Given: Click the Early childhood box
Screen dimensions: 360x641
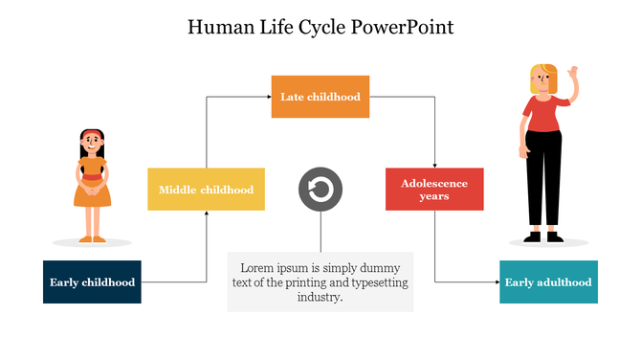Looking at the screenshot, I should [92, 281].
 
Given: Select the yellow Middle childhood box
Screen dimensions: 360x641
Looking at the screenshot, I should [206, 189].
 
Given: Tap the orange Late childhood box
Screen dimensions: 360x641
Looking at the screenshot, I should [320, 96].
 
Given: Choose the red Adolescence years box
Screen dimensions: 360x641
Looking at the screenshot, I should [434, 189].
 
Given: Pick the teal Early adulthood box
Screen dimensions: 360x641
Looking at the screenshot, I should [548, 281].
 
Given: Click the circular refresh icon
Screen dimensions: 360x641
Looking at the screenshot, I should [320, 189].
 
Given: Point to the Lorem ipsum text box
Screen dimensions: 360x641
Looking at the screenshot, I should [320, 281].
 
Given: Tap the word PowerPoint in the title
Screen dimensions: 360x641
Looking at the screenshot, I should [403, 26].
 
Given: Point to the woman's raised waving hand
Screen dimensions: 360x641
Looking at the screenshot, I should [573, 73].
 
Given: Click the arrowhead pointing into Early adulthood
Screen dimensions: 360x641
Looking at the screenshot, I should [496, 281].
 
